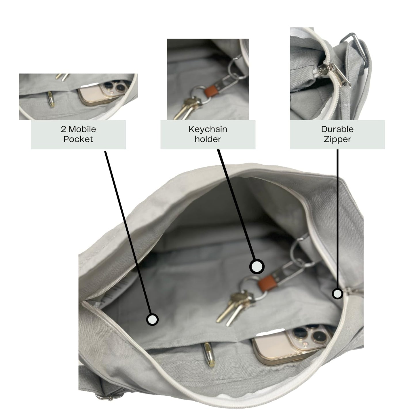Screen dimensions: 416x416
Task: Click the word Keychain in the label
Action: pos(208,129)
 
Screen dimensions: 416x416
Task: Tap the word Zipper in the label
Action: pos(337,139)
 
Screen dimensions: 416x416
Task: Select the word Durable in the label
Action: pos(337,129)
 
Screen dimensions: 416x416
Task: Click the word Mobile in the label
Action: pos(82,129)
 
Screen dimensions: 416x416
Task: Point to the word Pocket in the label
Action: pos(78,139)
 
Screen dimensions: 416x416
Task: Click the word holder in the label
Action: pos(208,139)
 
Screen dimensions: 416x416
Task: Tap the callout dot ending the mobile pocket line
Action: pos(152,319)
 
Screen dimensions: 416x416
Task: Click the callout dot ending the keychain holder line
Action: pos(257,266)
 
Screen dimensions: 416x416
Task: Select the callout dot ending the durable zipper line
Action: pos(337,294)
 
